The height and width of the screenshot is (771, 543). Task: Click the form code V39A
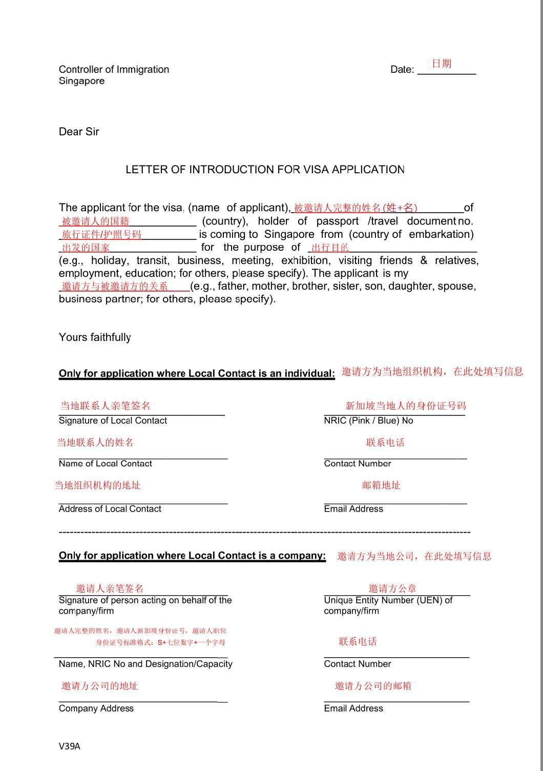(x=69, y=746)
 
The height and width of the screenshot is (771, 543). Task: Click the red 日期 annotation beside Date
(x=442, y=64)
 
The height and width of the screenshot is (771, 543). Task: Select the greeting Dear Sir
(x=79, y=132)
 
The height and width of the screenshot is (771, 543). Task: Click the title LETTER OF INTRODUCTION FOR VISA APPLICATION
(x=265, y=169)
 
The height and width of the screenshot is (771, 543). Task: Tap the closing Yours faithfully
(x=95, y=337)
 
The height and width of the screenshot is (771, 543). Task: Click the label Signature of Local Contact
(x=113, y=420)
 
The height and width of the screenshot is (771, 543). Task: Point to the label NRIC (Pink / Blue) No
(x=368, y=420)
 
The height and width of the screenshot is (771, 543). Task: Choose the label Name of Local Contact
(x=105, y=463)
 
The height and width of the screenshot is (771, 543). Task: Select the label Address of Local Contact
(x=110, y=509)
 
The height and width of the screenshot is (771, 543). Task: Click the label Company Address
(x=96, y=708)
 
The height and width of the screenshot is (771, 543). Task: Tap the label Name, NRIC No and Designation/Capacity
(x=145, y=664)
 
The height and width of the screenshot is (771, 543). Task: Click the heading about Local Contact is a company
(x=192, y=555)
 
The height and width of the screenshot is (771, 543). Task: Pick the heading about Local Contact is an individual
(x=197, y=373)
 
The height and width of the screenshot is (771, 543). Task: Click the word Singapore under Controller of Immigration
(x=81, y=81)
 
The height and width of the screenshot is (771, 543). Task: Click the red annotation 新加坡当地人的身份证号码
(x=406, y=406)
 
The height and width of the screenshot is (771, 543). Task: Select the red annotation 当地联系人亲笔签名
(x=106, y=406)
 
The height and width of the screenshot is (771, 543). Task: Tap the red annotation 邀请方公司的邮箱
(x=373, y=686)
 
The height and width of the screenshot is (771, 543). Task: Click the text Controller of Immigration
(x=114, y=69)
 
